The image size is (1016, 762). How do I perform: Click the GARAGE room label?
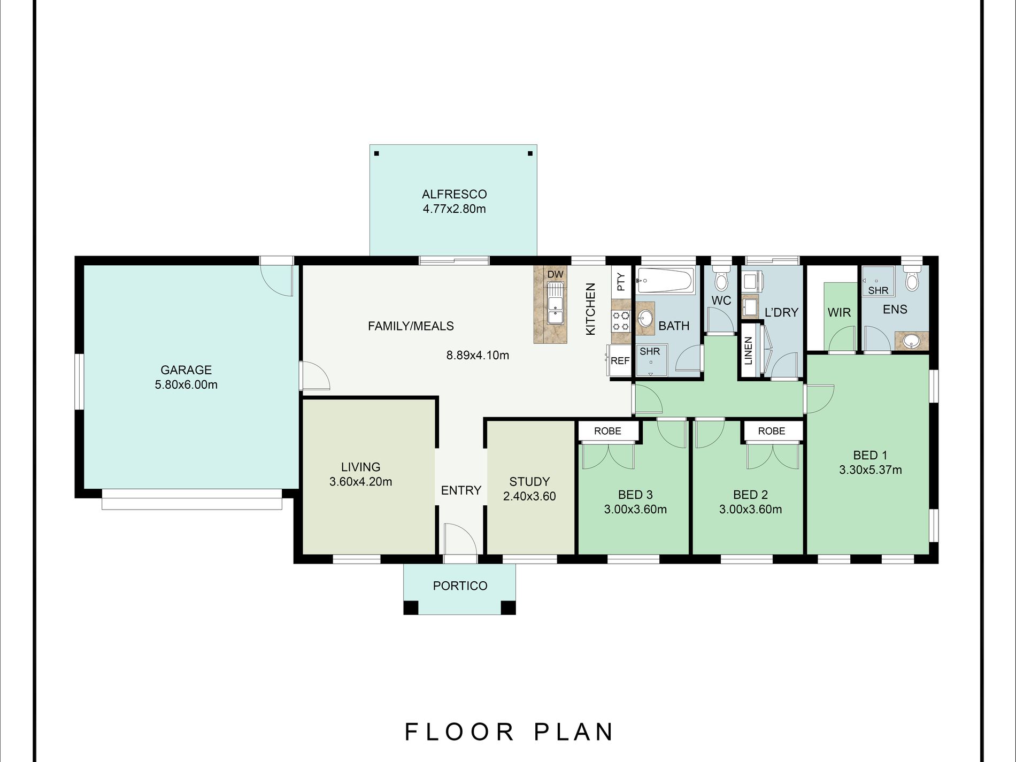(186, 370)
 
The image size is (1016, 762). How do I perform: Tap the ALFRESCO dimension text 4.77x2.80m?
(454, 209)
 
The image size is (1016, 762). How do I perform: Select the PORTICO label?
(460, 586)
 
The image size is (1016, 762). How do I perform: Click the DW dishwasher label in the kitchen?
(555, 274)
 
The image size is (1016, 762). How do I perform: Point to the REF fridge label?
(620, 361)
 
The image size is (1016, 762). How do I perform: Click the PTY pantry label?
(621, 281)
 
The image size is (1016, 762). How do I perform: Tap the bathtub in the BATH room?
(666, 280)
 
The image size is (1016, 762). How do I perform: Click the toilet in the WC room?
(721, 278)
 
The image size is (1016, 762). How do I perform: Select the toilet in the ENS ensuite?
(912, 278)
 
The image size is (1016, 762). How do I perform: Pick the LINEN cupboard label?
(748, 351)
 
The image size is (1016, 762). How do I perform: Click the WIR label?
(839, 312)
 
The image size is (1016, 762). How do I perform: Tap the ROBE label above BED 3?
(607, 431)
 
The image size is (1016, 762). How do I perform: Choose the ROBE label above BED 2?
(772, 431)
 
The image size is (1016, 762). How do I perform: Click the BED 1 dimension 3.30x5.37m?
(871, 470)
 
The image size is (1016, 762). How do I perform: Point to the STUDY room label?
(529, 481)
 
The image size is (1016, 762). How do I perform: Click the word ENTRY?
(461, 490)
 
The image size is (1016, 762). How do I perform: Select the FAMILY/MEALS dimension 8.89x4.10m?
(478, 355)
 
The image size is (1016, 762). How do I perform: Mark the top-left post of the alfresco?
(376, 153)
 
